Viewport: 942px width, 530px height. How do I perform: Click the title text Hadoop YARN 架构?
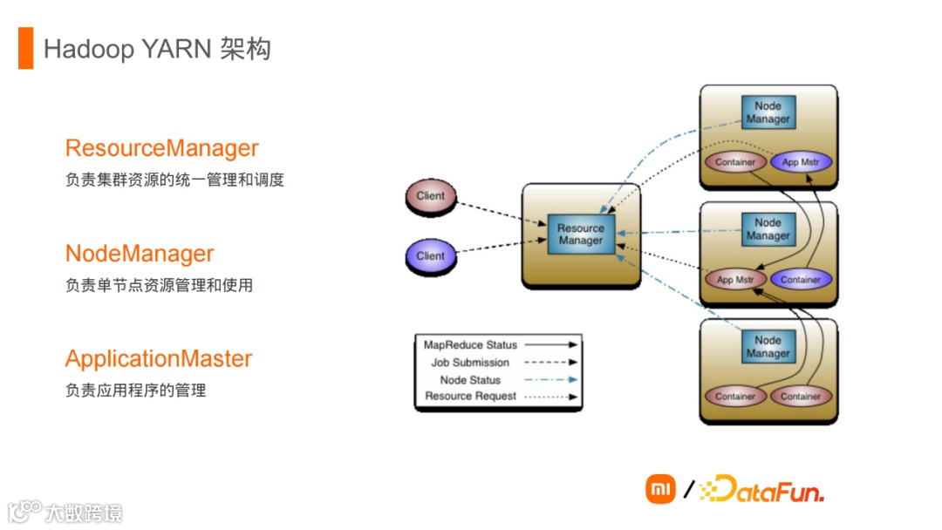pos(157,49)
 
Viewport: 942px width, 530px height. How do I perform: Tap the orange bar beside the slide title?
pos(25,48)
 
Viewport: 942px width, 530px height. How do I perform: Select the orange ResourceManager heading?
pos(162,148)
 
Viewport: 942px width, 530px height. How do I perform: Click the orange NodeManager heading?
pos(140,254)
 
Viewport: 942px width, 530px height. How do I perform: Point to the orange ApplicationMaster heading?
pos(159,359)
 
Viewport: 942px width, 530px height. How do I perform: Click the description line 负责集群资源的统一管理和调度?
pos(174,180)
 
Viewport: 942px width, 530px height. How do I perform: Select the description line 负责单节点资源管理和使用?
pos(159,285)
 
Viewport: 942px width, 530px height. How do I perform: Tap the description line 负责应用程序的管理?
pos(135,391)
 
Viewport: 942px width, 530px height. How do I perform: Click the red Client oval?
pos(431,197)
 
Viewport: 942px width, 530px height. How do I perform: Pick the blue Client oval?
pos(431,256)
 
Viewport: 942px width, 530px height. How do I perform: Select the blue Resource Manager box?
pos(581,234)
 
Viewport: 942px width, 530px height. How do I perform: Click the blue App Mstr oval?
pos(802,162)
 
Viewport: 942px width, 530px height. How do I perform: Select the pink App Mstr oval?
pos(734,280)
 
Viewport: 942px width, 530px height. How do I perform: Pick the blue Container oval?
pos(801,280)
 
